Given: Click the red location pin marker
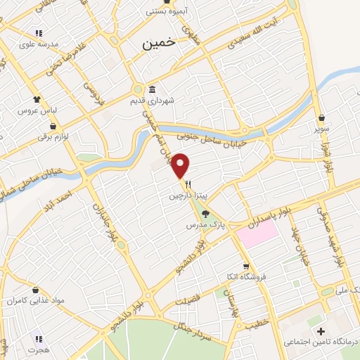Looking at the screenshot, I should (181, 165).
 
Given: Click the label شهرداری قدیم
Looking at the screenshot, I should (150, 101).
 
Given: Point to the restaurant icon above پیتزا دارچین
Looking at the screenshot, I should (188, 185).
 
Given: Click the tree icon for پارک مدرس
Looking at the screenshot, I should (205, 214).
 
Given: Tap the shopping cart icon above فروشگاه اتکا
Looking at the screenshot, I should (245, 266).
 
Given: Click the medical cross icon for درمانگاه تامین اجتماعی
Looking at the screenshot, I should (322, 330).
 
